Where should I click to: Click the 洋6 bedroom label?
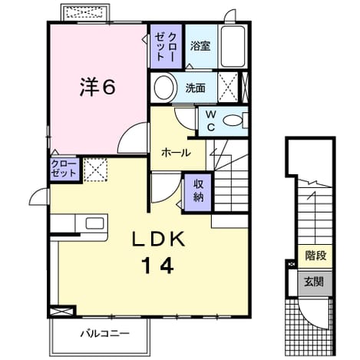coord(97,87)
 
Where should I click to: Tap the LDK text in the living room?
coord(158,239)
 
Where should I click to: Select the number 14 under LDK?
coord(158,266)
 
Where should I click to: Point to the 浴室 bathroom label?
coord(200,46)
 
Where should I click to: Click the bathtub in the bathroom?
coord(233,46)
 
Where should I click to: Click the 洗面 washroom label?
coord(195,88)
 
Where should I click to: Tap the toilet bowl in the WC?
coord(233,121)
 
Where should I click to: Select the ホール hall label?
coord(177,153)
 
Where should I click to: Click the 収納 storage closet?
coord(198,193)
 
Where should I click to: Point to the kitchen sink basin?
coord(94,223)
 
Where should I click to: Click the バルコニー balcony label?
coord(105,334)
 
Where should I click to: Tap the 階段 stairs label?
coord(315,256)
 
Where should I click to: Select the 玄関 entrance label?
coord(314,282)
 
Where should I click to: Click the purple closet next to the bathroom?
coord(166,46)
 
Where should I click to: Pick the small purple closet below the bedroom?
coord(64,169)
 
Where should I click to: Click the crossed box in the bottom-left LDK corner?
coord(62,312)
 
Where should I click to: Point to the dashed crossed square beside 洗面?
coord(227,88)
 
